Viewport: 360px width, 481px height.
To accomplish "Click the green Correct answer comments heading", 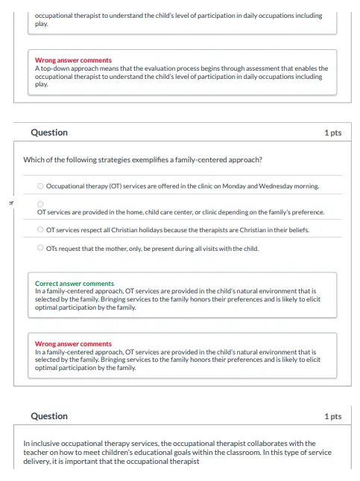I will click(x=75, y=284).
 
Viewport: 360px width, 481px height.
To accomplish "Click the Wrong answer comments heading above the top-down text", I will click(x=74, y=60).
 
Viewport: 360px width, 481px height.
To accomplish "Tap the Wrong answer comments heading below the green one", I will click(x=74, y=344).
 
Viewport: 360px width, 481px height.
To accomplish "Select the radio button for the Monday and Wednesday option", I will click(x=40, y=185).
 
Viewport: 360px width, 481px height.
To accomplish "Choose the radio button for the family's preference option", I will click(x=40, y=203).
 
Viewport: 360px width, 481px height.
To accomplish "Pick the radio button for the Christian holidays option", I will click(x=40, y=230).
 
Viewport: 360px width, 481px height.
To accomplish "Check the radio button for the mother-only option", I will click(x=40, y=249).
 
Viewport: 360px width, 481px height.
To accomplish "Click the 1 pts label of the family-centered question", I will click(x=332, y=133).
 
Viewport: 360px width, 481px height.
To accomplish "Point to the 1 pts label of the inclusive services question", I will click(x=332, y=416).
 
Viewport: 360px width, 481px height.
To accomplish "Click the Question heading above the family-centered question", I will click(x=49, y=133).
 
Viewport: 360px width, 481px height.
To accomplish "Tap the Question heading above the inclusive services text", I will click(x=49, y=416).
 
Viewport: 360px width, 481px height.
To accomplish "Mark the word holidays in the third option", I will click(x=160, y=230).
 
